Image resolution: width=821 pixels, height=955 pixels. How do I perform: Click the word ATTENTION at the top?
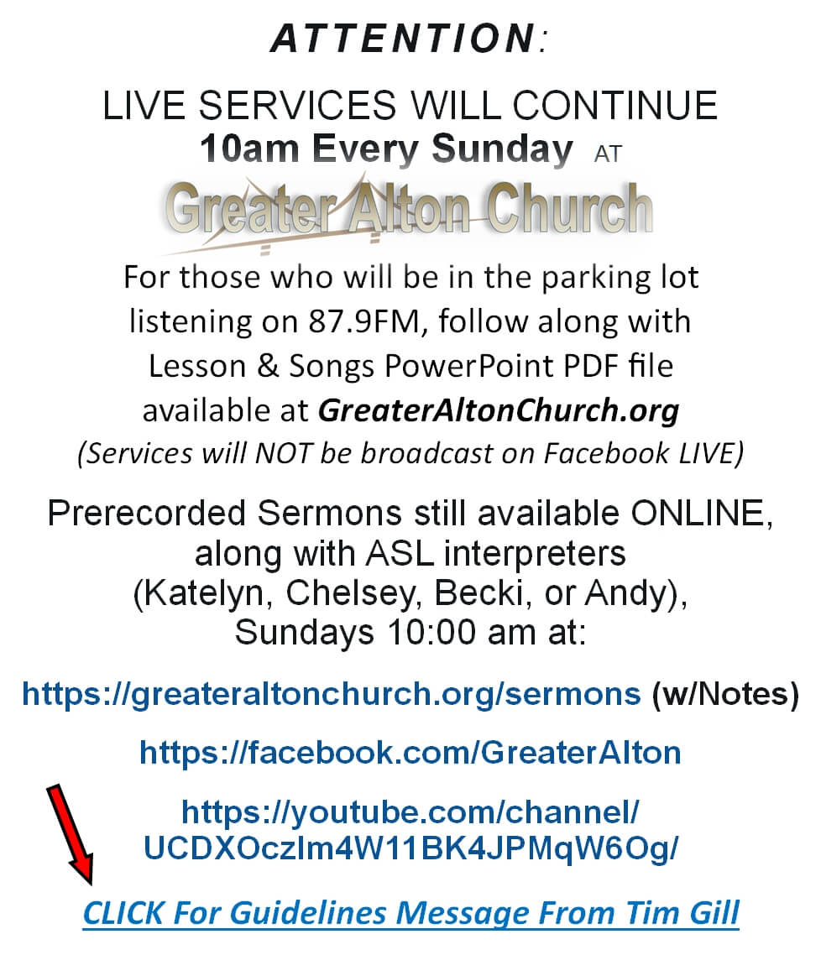[403, 38]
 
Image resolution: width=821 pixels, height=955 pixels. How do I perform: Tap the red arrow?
[71, 834]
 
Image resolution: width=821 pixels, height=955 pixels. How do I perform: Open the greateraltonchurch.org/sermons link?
[332, 694]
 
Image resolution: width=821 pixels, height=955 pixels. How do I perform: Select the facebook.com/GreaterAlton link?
[410, 752]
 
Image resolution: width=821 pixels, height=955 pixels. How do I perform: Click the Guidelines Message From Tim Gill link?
[411, 913]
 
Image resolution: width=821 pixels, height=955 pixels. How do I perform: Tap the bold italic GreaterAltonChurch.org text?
[498, 410]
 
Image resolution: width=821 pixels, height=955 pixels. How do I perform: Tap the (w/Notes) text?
[724, 694]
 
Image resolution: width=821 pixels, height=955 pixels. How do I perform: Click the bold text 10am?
[248, 148]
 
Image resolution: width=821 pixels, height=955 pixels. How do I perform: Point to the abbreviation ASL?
[400, 554]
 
